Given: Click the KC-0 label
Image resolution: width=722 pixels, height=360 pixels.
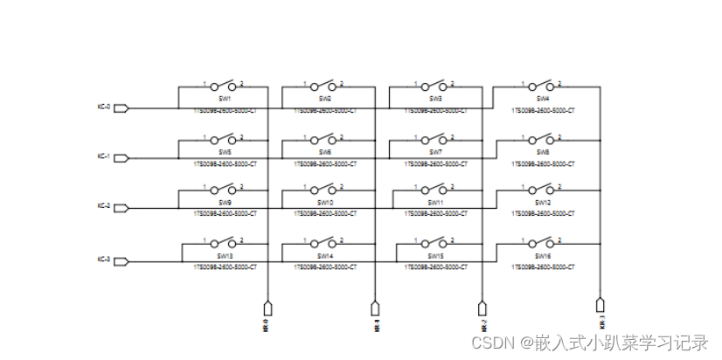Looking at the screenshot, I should [103, 107].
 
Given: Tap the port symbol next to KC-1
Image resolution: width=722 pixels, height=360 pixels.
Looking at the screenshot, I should [121, 158].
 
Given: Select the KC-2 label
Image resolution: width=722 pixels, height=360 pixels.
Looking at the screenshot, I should [103, 206].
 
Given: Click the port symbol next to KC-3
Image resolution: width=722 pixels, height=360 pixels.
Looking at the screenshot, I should [121, 260].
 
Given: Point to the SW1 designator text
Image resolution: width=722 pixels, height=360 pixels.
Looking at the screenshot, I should [225, 99].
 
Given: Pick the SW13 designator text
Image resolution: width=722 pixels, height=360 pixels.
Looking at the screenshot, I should [225, 256].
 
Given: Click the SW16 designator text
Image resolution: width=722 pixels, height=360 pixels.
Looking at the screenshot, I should [543, 256].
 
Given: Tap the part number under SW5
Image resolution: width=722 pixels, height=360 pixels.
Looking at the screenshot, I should [225, 163].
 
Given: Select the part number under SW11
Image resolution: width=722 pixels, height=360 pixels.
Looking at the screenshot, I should [436, 213].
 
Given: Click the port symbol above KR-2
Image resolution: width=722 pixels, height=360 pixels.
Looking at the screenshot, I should [482, 308].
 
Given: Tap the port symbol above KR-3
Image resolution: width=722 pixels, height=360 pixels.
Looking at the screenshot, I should [600, 305].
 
